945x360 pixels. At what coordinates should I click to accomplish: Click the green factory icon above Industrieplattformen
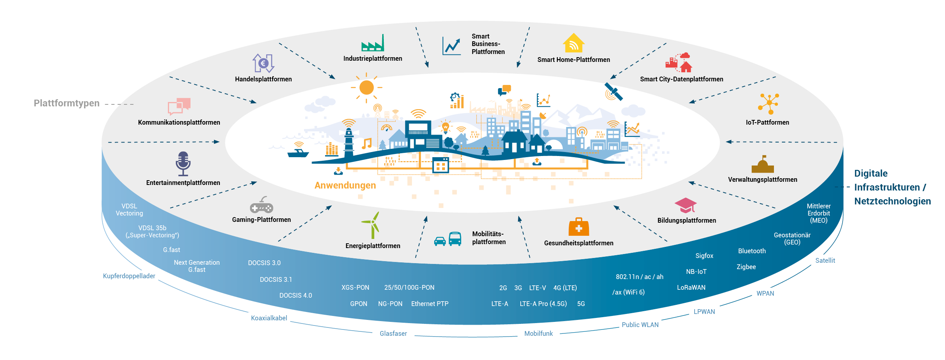coord(373,43)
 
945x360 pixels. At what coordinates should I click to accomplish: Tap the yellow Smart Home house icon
coord(574,43)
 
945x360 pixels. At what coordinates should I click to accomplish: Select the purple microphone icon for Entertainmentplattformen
coord(183,164)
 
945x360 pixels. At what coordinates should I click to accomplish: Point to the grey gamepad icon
coord(262,205)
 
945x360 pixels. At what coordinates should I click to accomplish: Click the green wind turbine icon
coord(372,225)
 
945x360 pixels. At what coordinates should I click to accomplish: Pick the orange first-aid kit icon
coord(579,227)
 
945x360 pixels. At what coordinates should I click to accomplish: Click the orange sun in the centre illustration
coord(366,87)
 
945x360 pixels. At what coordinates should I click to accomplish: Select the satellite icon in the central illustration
coord(614,92)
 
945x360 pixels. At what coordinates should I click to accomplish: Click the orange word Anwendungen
coord(345,185)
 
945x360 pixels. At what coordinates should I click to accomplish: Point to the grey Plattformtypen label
coord(67,103)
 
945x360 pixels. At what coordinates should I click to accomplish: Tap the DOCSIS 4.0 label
coord(296,295)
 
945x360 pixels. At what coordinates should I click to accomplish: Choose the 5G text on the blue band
coord(581,304)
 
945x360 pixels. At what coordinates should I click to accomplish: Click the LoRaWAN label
coord(691,287)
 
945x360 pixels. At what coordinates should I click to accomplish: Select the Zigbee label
coord(746,267)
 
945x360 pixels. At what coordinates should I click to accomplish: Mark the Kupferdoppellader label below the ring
coord(129,276)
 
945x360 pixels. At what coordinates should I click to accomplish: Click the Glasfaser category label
coord(393,333)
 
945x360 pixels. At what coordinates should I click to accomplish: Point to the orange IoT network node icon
coord(769,103)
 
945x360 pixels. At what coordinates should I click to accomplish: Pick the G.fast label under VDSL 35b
coord(171,250)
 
